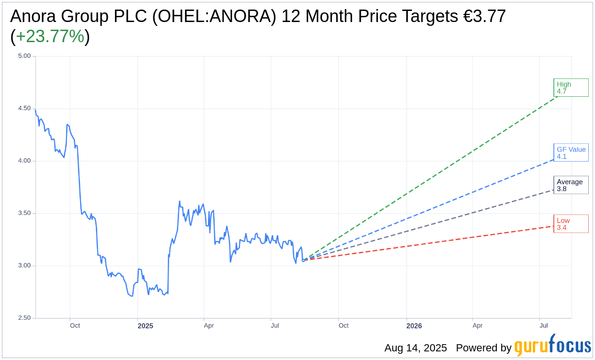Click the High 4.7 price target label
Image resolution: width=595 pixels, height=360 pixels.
(571, 88)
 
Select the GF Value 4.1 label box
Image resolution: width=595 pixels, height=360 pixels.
(571, 153)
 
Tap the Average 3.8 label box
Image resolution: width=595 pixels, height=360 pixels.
(571, 185)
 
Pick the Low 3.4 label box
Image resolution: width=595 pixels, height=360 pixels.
(571, 224)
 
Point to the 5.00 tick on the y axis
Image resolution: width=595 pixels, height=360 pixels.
(24, 56)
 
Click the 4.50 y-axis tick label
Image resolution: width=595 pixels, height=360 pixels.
(24, 108)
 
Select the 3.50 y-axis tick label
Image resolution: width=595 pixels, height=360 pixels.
(24, 213)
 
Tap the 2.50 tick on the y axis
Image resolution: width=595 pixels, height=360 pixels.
(24, 318)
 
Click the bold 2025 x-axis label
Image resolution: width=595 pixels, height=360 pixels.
(145, 326)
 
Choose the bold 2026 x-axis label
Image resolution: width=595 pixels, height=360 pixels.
(414, 326)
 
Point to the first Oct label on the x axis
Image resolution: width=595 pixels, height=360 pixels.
(75, 326)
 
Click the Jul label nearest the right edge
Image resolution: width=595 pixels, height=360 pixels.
(544, 326)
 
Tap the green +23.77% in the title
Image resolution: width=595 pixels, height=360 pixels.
(50, 37)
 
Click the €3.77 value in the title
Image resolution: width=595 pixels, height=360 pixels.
(484, 16)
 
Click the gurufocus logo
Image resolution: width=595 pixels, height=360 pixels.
(552, 346)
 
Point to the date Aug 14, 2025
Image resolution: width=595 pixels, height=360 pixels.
(415, 348)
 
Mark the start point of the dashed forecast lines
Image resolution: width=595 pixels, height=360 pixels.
(303, 260)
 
